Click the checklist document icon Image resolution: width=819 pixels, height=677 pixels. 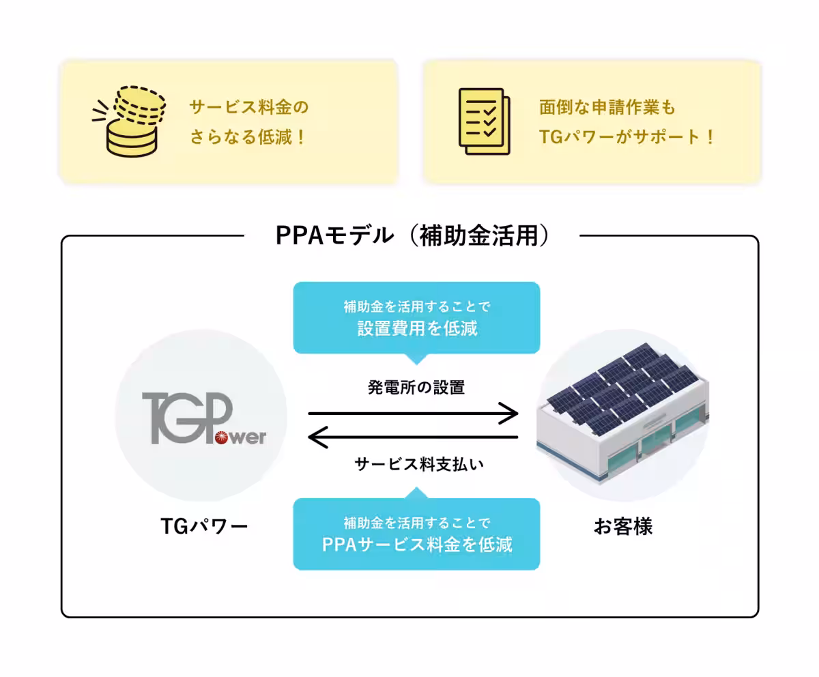(484, 121)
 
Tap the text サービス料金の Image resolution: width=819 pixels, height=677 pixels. (249, 108)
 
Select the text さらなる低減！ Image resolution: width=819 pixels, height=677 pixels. (248, 137)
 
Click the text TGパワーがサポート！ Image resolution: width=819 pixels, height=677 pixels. (626, 137)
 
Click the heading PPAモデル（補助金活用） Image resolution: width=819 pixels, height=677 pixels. (412, 235)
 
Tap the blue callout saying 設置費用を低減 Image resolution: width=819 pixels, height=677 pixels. (416, 318)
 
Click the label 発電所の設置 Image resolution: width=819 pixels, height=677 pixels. (416, 388)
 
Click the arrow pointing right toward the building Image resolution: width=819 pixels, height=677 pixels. (413, 413)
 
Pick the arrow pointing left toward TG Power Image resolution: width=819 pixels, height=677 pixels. (413, 437)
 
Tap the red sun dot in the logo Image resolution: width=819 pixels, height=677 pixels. (223, 438)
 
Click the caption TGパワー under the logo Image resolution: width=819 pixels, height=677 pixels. (204, 526)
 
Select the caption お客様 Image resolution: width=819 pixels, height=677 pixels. (622, 526)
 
